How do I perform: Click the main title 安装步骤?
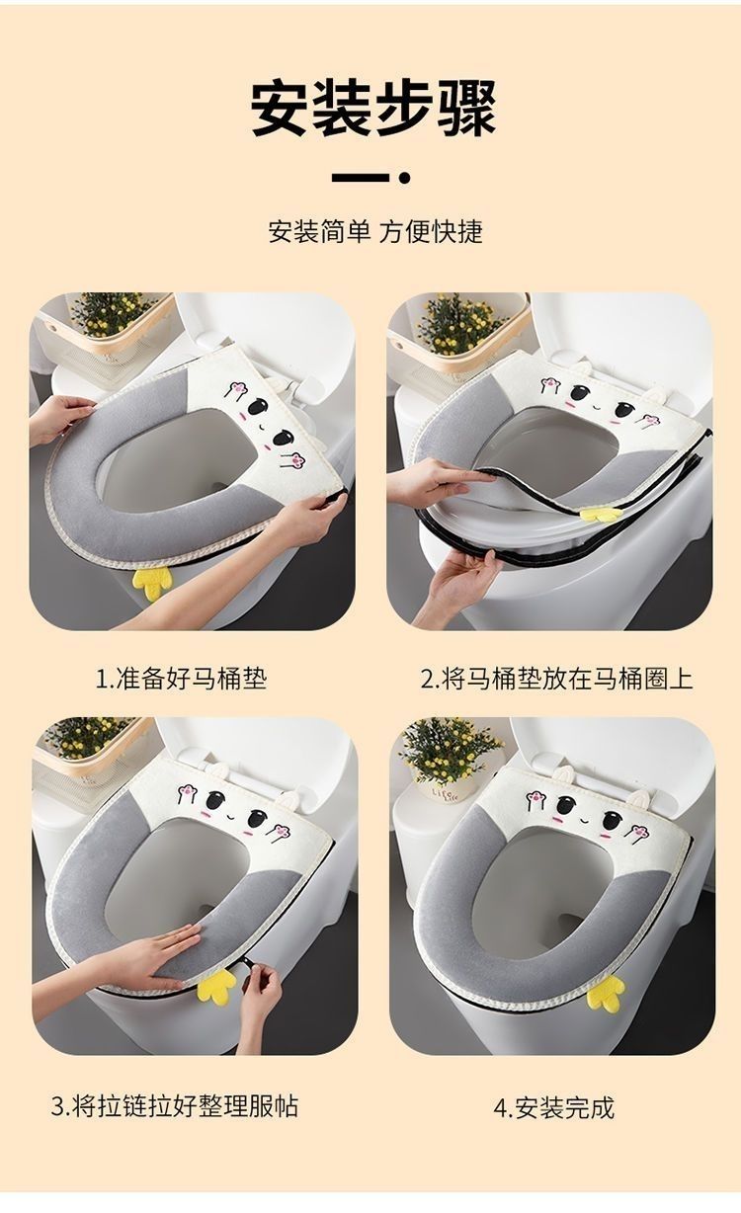pyautogui.click(x=373, y=108)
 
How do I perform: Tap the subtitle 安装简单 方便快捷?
pyautogui.click(x=375, y=231)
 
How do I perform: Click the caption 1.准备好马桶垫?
pyautogui.click(x=181, y=678)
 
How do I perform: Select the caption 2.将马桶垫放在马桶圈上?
pyautogui.click(x=556, y=678)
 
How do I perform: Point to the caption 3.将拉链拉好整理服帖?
pyautogui.click(x=175, y=1105)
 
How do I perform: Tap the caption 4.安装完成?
pyautogui.click(x=554, y=1107)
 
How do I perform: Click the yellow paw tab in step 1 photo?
pyautogui.click(x=152, y=583)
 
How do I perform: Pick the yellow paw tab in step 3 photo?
pyautogui.click(x=216, y=987)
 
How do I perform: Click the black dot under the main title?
pyautogui.click(x=404, y=178)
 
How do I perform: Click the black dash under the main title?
pyautogui.click(x=361, y=178)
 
